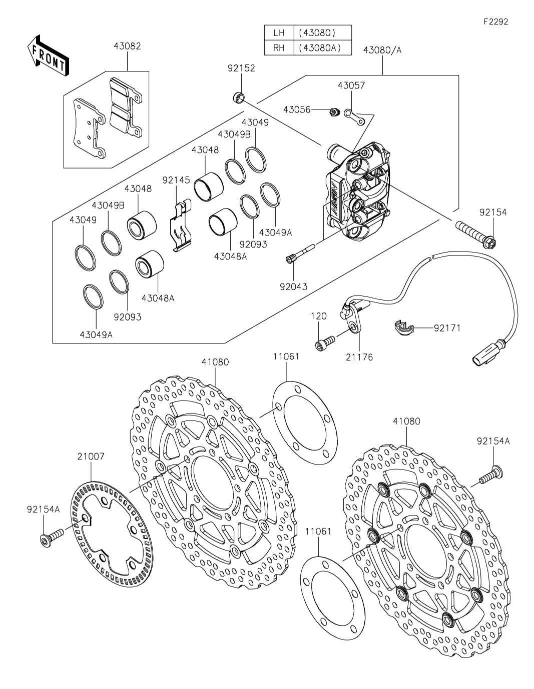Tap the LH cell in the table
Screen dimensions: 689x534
[x=279, y=33]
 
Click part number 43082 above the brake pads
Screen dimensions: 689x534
[x=127, y=46]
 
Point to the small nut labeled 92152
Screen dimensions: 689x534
[x=240, y=97]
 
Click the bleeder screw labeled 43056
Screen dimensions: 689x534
[x=334, y=111]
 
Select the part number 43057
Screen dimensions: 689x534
[x=351, y=85]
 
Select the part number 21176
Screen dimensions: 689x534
[x=359, y=357]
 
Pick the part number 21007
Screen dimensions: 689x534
[x=91, y=456]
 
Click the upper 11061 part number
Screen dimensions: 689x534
[x=286, y=356]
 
